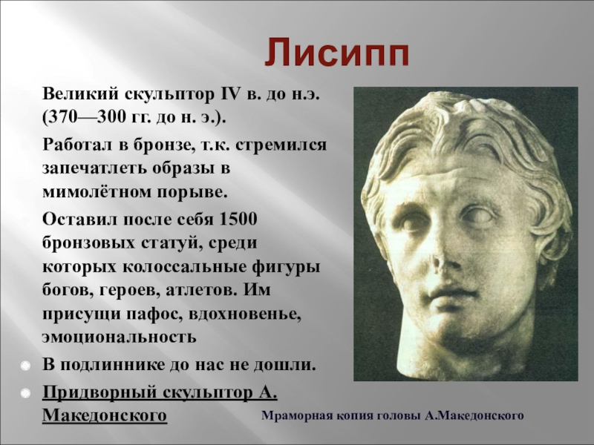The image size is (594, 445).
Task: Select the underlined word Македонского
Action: point(105,415)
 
